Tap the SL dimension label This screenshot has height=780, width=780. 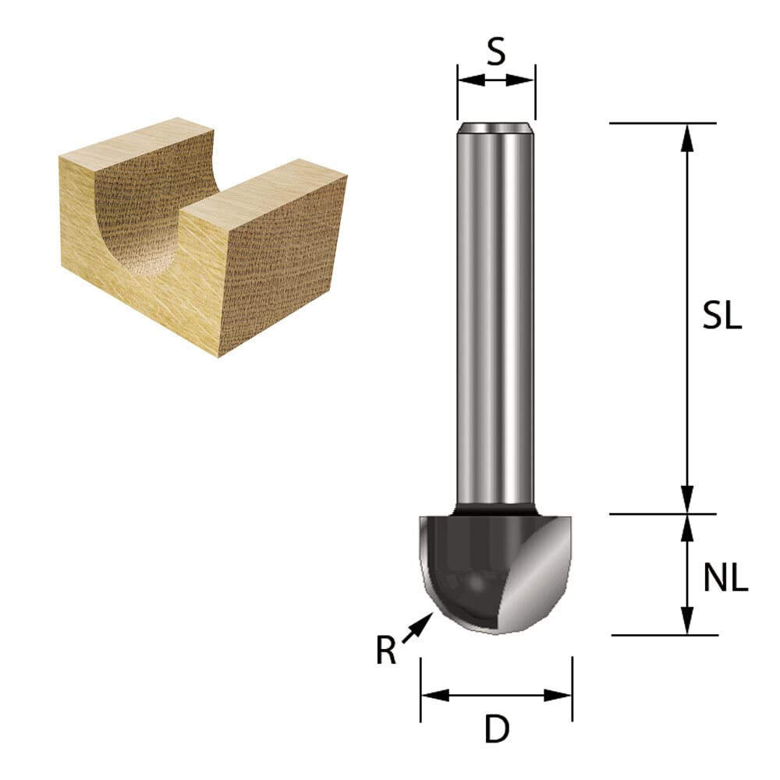pyautogui.click(x=721, y=314)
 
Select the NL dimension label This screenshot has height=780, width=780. pyautogui.click(x=725, y=577)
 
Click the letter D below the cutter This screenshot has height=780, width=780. pyautogui.click(x=496, y=729)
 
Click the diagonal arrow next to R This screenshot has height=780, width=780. pyautogui.click(x=417, y=627)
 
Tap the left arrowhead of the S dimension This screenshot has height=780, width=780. pyautogui.click(x=471, y=80)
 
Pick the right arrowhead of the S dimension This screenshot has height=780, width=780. pyautogui.click(x=521, y=80)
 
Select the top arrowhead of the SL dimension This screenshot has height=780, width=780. pyautogui.click(x=687, y=137)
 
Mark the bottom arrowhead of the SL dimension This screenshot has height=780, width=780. pyautogui.click(x=687, y=499)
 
